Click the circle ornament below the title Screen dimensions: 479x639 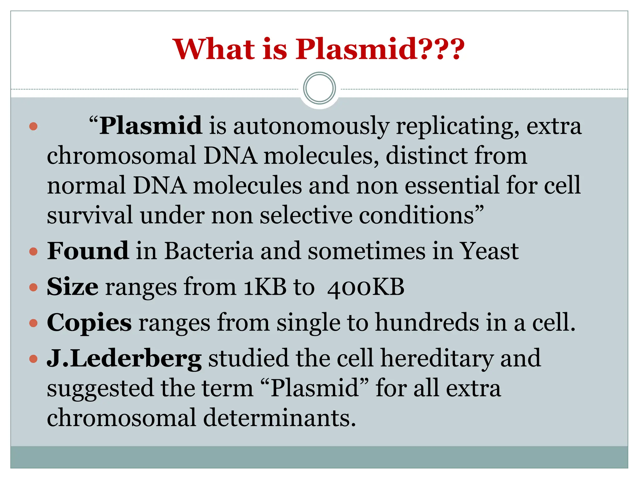(x=319, y=88)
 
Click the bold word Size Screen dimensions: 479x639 (x=72, y=287)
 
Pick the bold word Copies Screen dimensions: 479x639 (x=89, y=323)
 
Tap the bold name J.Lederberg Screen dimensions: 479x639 (x=124, y=359)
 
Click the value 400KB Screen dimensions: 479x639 (x=366, y=287)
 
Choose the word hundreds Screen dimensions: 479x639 (x=427, y=323)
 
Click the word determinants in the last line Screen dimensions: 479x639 (x=280, y=418)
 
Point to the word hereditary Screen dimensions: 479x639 (x=437, y=359)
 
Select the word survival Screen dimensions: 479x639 (x=90, y=215)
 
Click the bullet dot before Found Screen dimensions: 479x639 (x=33, y=251)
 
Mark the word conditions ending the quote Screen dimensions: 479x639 (x=417, y=215)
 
